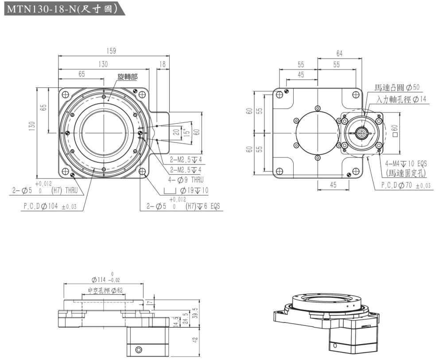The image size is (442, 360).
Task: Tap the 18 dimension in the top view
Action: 163,64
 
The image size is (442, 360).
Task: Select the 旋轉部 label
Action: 127,77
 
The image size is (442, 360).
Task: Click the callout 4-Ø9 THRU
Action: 186,180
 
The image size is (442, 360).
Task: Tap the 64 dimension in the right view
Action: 339,54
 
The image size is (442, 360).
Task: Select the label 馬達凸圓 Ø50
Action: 397,88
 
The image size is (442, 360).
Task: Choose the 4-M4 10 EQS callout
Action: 406,163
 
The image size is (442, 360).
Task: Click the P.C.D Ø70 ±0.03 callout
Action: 406,186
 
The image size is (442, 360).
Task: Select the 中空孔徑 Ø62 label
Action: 105,290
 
